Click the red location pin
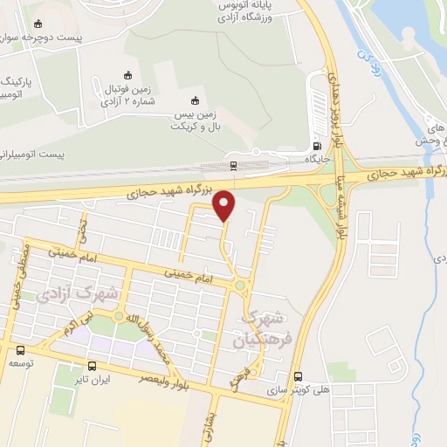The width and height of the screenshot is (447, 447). pyautogui.click(x=224, y=205)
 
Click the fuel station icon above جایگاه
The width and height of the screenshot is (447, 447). pyautogui.click(x=316, y=146)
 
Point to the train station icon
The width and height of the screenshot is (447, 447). pyautogui.click(x=233, y=164)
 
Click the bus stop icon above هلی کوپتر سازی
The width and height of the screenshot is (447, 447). pyautogui.click(x=299, y=376)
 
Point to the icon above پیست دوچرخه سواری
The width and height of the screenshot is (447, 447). pyautogui.click(x=38, y=25)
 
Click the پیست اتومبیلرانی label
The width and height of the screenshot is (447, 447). pyautogui.click(x=39, y=155)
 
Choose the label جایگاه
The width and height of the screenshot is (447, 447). pyautogui.click(x=316, y=160)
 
